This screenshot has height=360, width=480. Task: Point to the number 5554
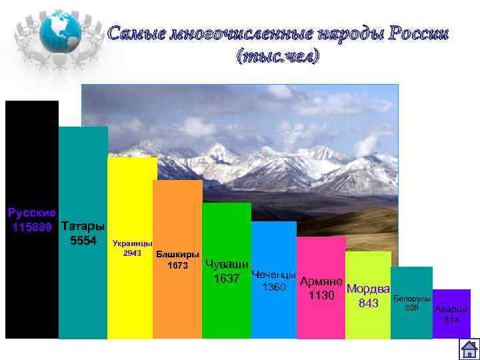(x=83, y=240)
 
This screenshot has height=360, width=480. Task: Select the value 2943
(x=132, y=253)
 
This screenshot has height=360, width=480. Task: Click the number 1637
(x=227, y=278)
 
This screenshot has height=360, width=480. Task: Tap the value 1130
(x=321, y=295)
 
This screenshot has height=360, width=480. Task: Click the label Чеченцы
(x=274, y=275)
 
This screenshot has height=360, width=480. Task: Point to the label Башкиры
(x=177, y=255)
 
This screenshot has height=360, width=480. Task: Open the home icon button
(x=469, y=349)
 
